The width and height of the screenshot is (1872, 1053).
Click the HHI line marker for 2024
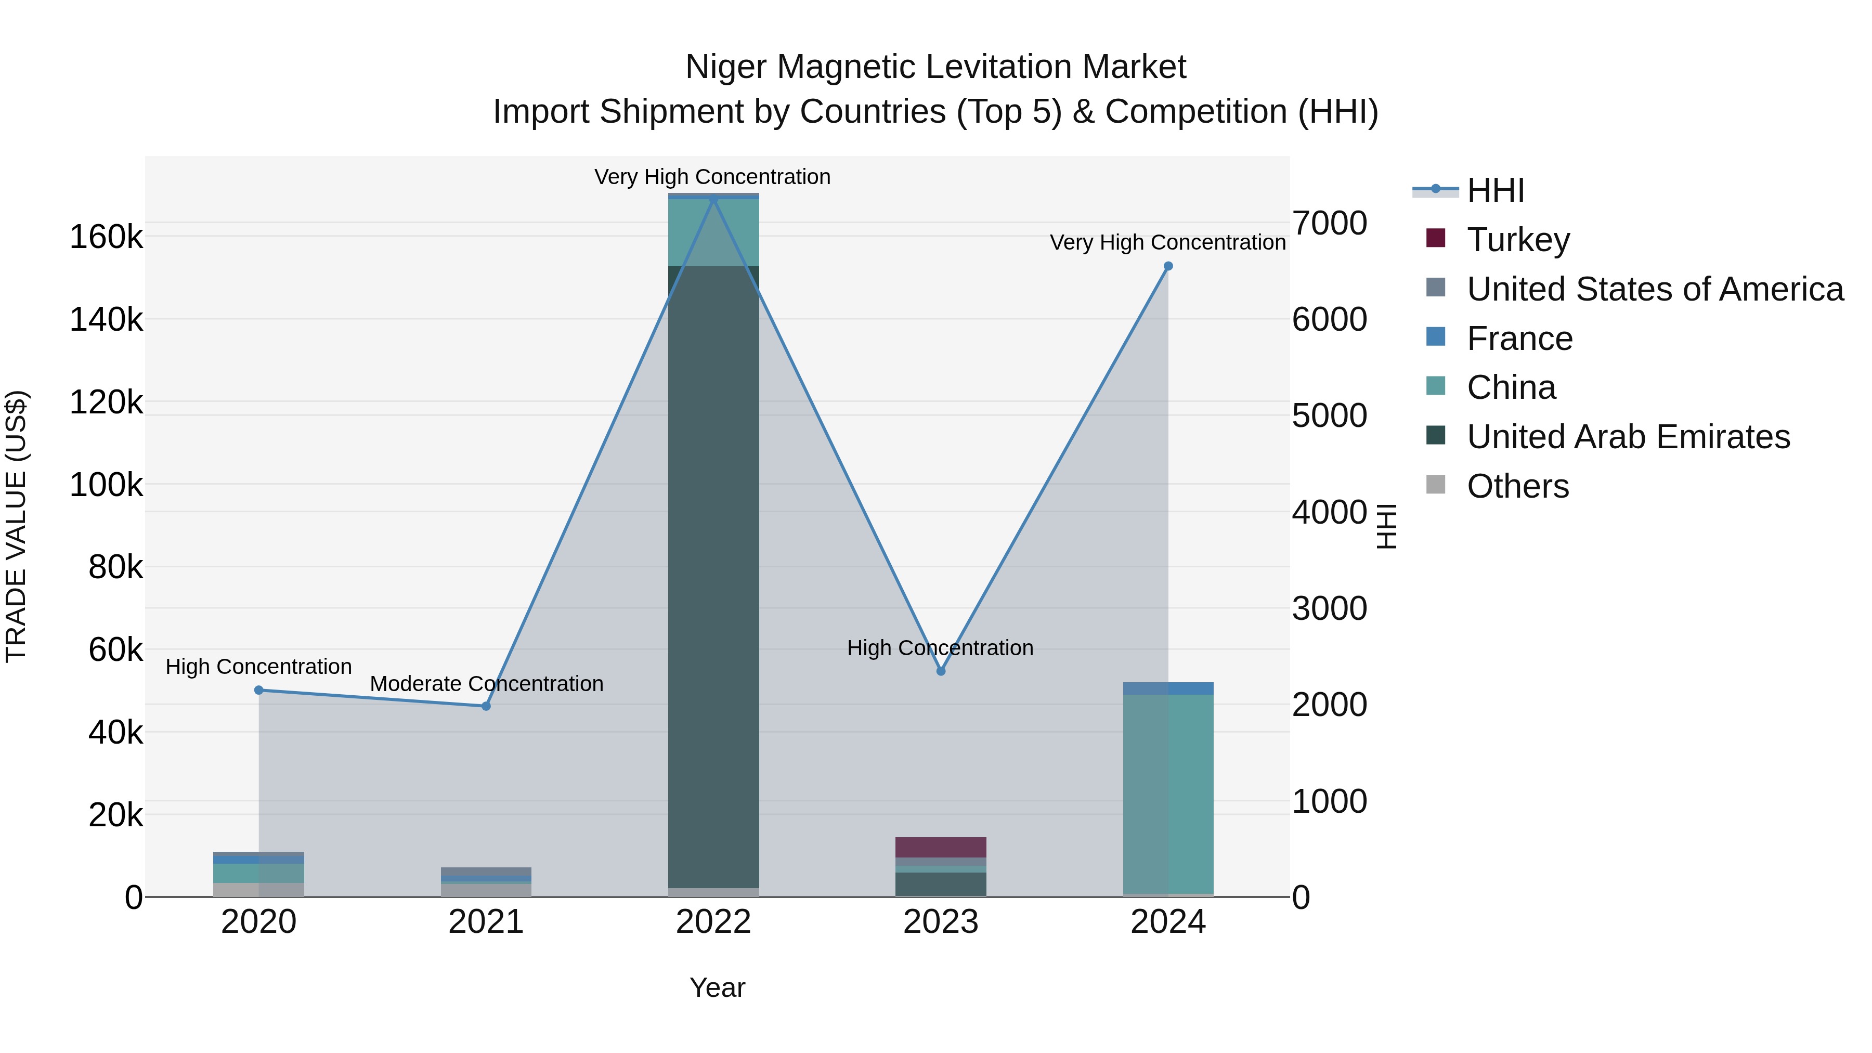1168,266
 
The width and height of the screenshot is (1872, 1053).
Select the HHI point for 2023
940,671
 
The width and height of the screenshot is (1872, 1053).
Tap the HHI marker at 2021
486,706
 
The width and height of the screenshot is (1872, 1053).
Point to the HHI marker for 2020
259,690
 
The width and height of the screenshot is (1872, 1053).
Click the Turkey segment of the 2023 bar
940,847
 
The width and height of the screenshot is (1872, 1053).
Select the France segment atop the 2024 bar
1168,688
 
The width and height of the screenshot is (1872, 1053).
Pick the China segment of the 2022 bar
713,232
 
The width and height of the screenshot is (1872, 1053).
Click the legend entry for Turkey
1517,239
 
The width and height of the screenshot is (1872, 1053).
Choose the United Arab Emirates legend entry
1628,437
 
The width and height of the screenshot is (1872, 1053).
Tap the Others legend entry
1517,486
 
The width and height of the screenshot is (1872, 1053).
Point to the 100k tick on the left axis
106,485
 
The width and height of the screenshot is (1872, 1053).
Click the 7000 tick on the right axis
1329,223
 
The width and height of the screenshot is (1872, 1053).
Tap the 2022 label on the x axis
713,922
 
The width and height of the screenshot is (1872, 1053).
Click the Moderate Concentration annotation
486,684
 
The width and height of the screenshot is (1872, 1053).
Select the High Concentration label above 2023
940,647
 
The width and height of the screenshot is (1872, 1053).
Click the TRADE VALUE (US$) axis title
17,526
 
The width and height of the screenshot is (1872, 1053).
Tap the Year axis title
717,987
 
